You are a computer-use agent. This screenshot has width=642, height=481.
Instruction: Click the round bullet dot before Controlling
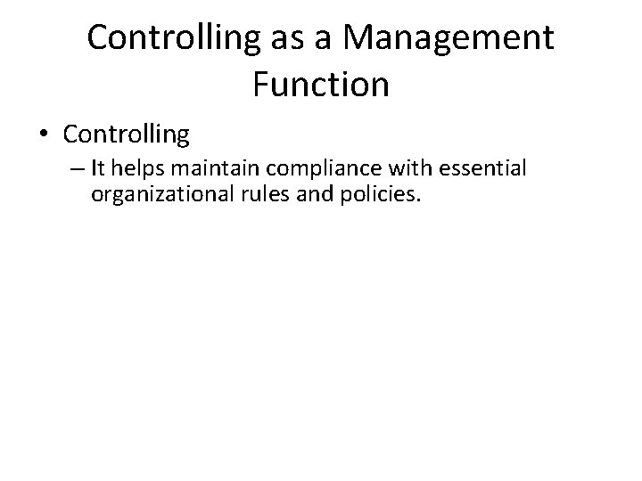pos(42,135)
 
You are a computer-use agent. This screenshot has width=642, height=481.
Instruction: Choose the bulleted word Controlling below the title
pos(127,135)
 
